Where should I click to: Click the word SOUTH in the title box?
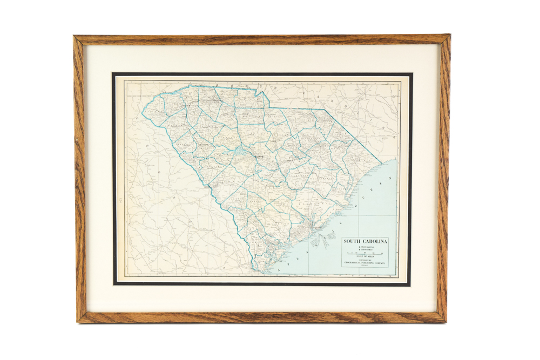[355, 241]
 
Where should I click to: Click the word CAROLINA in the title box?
[377, 241]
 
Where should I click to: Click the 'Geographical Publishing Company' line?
[368, 264]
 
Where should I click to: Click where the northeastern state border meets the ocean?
[382, 163]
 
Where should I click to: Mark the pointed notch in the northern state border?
[262, 93]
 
